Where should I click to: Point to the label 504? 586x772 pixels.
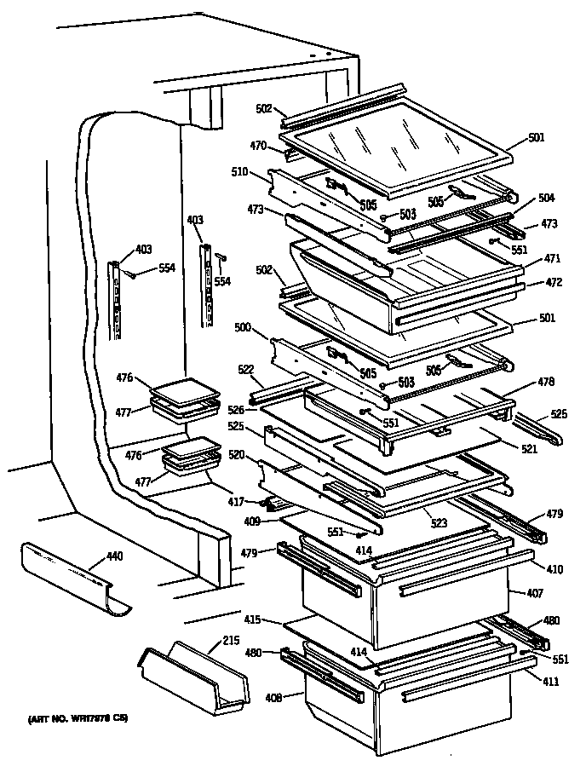point(546,198)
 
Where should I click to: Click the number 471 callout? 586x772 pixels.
point(552,257)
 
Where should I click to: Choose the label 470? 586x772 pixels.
point(259,145)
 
